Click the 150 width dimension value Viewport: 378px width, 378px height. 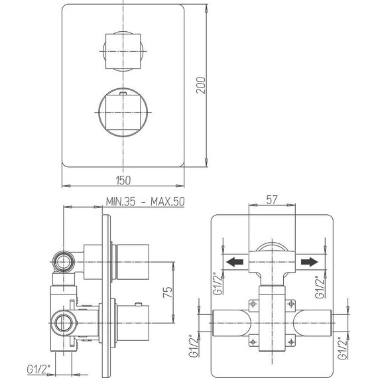tap(123, 180)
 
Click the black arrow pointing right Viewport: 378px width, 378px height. tap(307, 263)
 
